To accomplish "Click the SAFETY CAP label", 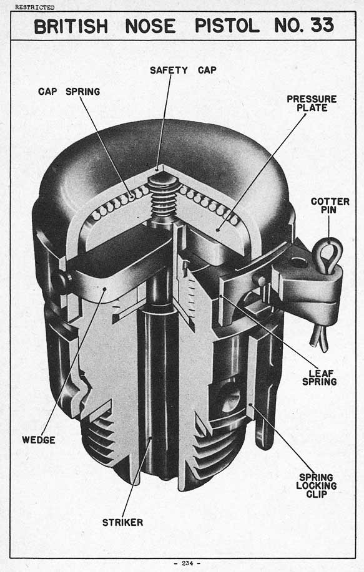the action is [183, 70].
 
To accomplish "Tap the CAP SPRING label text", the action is [69, 91].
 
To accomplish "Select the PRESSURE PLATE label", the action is [312, 104].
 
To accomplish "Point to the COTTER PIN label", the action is [330, 206].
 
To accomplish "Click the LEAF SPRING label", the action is [319, 377].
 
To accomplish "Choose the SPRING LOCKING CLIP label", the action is [316, 485].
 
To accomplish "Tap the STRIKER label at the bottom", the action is [122, 522].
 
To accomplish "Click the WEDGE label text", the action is [39, 440].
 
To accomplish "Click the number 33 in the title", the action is [322, 26].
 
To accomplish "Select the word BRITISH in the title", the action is [71, 26].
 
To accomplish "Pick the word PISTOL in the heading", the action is [227, 26].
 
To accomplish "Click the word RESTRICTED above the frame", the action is [35, 7].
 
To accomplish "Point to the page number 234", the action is [187, 563].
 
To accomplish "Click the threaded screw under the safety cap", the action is [164, 197].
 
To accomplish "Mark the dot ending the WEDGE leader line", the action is [104, 289].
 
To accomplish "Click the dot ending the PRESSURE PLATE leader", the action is [218, 230].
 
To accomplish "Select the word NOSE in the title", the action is [150, 26].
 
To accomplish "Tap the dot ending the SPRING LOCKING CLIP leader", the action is [251, 405].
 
